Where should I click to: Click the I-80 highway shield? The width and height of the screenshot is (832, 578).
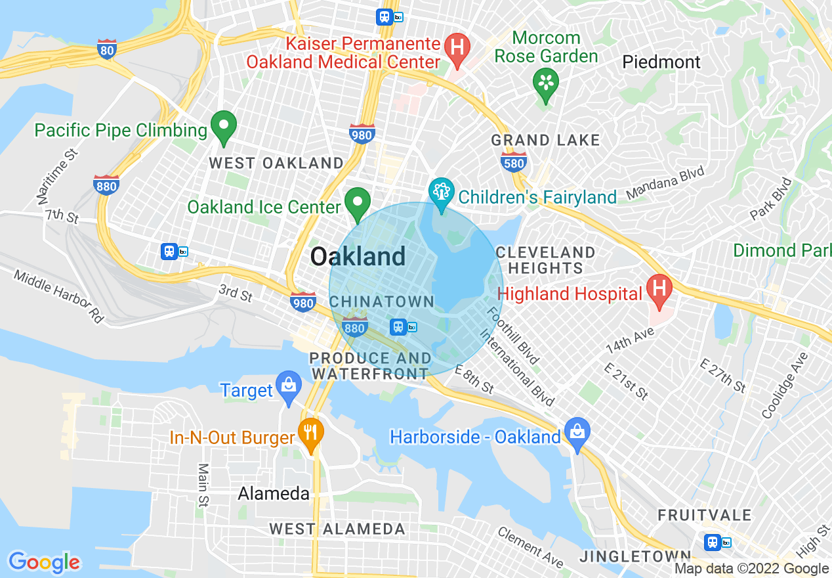point(107,48)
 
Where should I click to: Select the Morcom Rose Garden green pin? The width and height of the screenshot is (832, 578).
point(545,83)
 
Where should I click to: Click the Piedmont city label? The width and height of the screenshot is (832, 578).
point(661,62)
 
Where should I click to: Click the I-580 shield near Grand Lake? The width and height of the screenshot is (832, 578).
point(513,162)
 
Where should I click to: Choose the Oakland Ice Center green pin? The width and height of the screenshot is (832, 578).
point(358,203)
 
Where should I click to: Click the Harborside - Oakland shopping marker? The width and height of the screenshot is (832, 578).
point(577,433)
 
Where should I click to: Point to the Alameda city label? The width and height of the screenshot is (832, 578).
point(274,493)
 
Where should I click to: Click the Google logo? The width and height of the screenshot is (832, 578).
point(44,562)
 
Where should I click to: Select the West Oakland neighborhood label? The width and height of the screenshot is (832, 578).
point(276,164)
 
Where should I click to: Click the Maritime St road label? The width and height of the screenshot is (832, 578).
point(58,176)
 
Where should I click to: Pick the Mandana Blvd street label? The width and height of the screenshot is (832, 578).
point(665,183)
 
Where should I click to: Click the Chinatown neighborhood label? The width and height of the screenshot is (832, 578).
point(382,301)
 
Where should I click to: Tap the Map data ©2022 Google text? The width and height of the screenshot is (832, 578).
point(752,569)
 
